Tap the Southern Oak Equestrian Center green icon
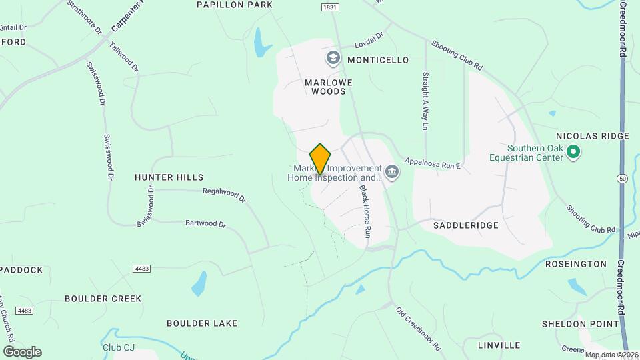coord(573,154)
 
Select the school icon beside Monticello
coord(333,59)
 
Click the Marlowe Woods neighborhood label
coord(325,87)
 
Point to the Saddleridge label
coord(466,225)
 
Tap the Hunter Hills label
coord(169,177)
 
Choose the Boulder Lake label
coord(202,323)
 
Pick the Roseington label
coord(575,265)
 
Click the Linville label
coord(499,345)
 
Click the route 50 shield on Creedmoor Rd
coord(622,179)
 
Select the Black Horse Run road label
coord(365,212)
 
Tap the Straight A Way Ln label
coord(424,101)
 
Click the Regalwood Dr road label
coord(225,195)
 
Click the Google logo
coord(22,351)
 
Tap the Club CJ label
coord(119,348)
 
